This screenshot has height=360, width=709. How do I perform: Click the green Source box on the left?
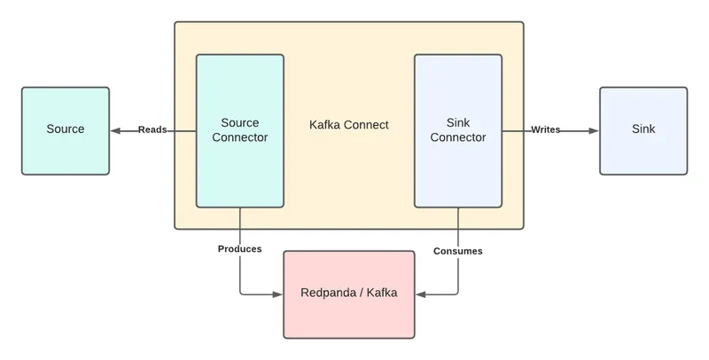[x=65, y=129]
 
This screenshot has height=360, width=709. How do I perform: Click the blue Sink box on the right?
[x=643, y=129]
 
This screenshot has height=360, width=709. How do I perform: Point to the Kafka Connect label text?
[x=349, y=125]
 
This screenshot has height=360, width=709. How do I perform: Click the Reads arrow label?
[x=152, y=130]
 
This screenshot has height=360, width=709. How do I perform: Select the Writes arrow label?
[x=545, y=130]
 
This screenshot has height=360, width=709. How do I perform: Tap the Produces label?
[x=240, y=249]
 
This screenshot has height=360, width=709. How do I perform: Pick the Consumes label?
[x=457, y=251]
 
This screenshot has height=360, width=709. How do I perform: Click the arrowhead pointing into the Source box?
[x=115, y=130]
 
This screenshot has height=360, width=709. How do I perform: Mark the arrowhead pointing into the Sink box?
[x=593, y=130]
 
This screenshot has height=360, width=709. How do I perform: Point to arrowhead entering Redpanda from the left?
[x=277, y=294]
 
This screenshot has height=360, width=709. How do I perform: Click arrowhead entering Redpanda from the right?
[x=421, y=294]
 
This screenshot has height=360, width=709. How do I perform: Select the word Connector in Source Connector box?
[x=239, y=137]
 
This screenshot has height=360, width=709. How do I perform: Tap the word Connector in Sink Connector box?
[x=457, y=137]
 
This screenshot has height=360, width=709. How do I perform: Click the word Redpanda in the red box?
[x=328, y=294]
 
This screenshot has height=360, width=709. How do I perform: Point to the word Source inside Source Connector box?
[x=239, y=122]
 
